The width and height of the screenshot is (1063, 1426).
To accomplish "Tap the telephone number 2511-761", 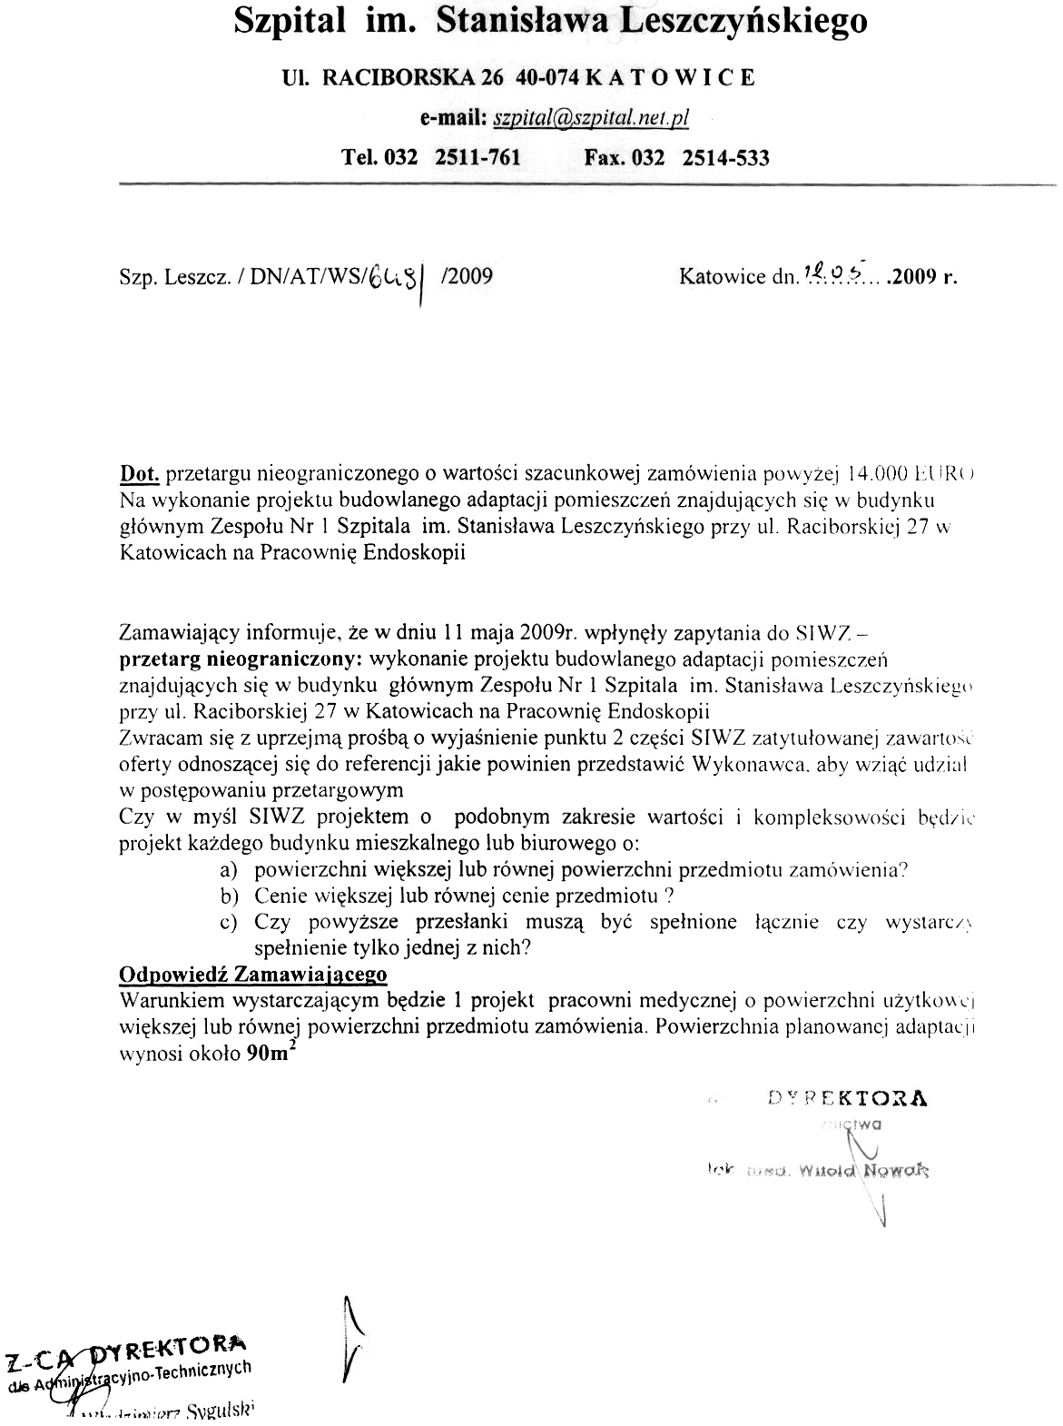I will pos(478,158).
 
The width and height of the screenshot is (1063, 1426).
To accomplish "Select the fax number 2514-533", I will pos(725,158).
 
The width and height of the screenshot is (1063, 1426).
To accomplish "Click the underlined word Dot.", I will pos(140,473).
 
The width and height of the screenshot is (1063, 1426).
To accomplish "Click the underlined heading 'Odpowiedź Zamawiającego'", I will pos(253,975).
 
